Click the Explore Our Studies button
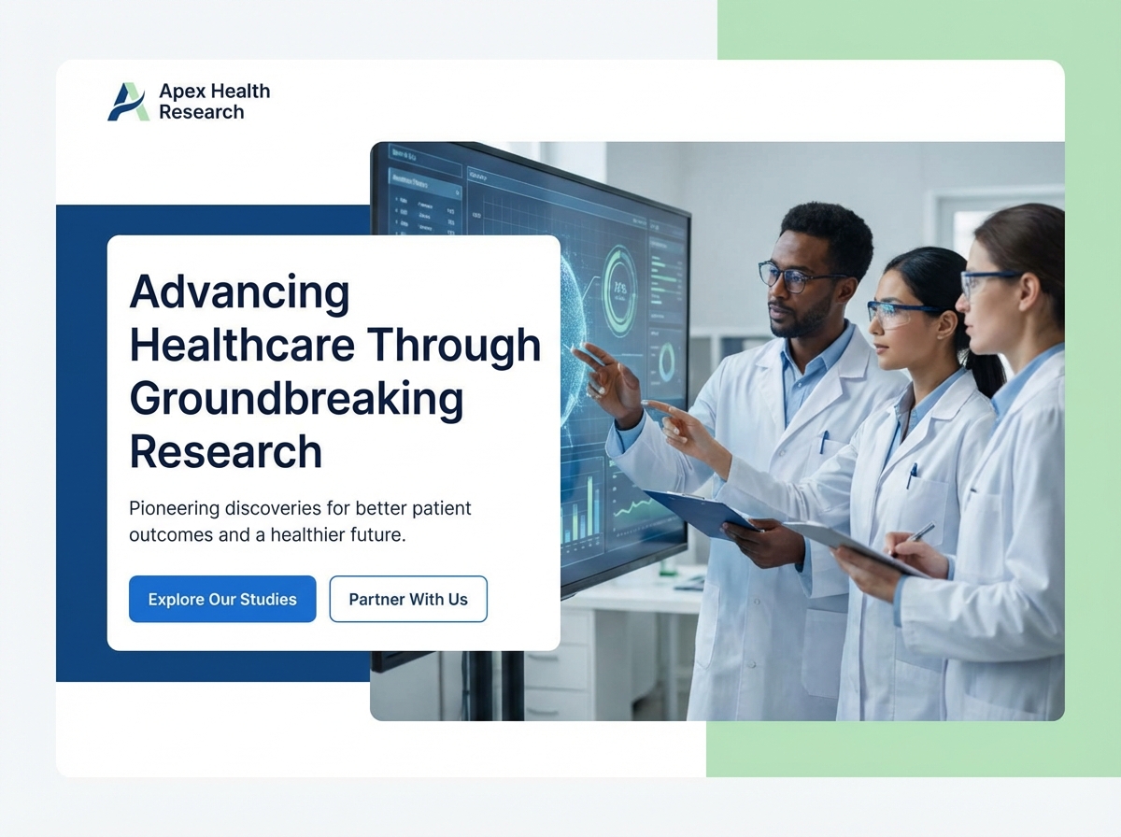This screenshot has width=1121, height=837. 222,599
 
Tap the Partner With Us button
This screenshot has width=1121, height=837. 408,599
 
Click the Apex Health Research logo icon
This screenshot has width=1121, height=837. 128,102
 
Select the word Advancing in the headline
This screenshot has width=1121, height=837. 239,292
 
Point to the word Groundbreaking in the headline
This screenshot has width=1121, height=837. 296,399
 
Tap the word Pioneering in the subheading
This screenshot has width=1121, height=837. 175,509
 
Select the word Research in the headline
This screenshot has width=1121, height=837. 225,452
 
